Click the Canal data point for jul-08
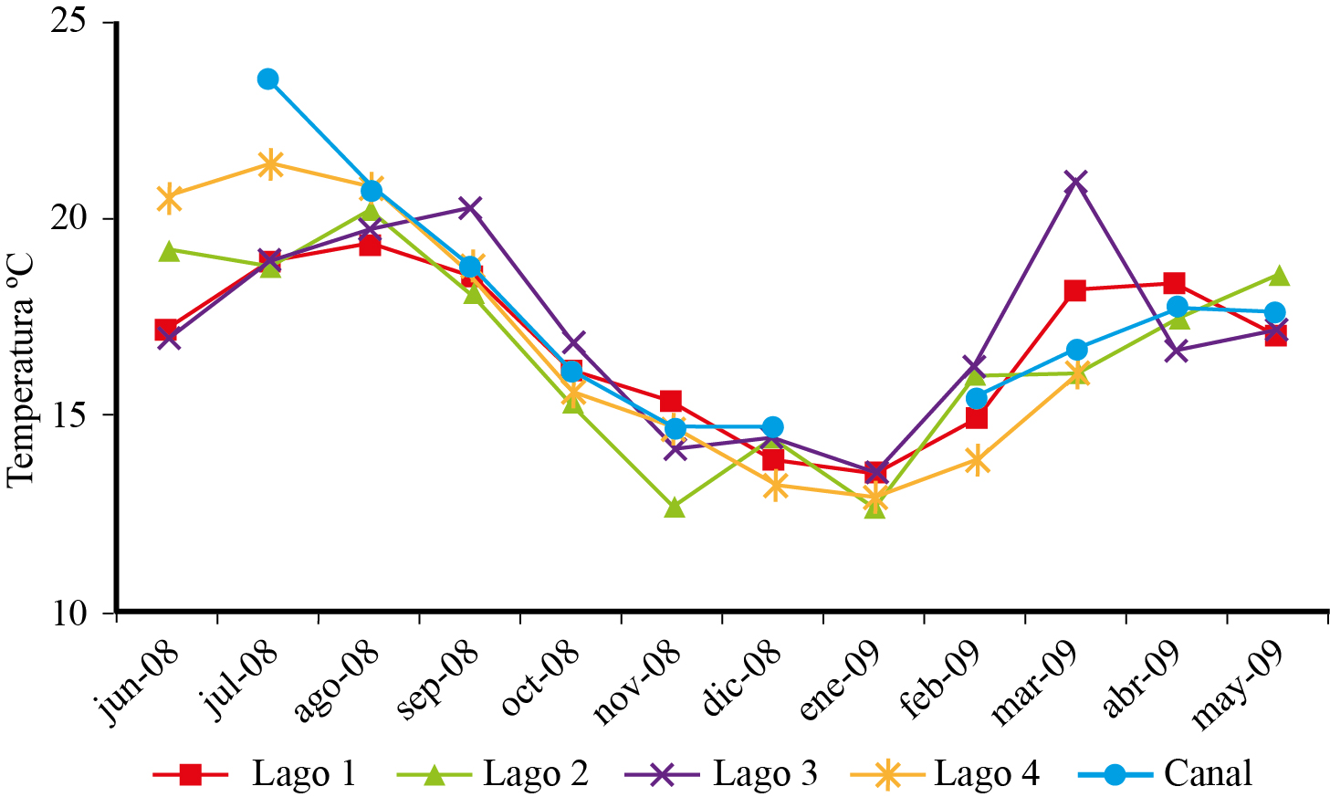click(x=267, y=79)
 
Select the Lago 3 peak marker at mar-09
click(x=1076, y=182)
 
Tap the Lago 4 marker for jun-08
click(x=169, y=198)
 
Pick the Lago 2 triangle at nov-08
click(x=675, y=508)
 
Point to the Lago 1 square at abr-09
click(x=1174, y=283)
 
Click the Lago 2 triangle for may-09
click(x=1278, y=276)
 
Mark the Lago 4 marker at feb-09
click(x=976, y=461)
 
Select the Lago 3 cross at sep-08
click(x=470, y=208)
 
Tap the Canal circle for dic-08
click(x=772, y=427)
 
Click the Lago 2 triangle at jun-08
click(x=169, y=251)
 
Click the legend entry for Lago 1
click(x=255, y=774)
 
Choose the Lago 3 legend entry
click(x=721, y=774)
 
